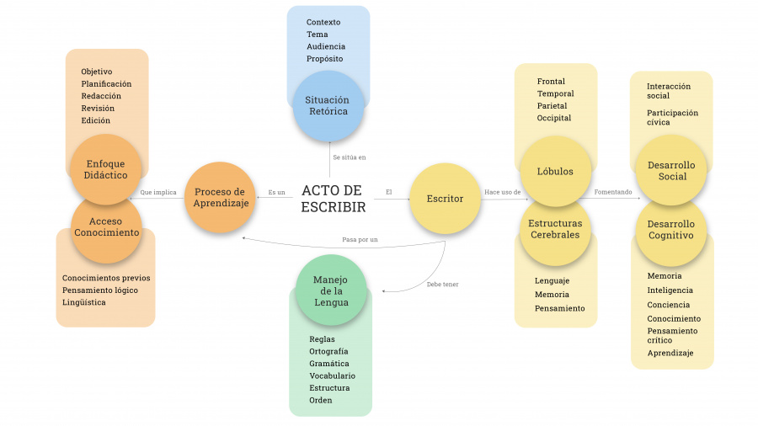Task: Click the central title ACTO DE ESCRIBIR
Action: pyautogui.click(x=333, y=199)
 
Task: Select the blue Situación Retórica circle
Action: pyautogui.click(x=327, y=106)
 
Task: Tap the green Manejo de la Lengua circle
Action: pyautogui.click(x=331, y=290)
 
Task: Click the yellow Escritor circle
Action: pyautogui.click(x=444, y=199)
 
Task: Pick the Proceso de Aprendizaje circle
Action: pyautogui.click(x=220, y=197)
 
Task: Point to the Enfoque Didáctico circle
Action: pyautogui.click(x=106, y=169)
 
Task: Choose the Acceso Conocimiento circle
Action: pyautogui.click(x=106, y=227)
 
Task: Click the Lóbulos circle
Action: pyautogui.click(x=555, y=172)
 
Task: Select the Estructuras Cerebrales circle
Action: pyautogui.click(x=555, y=229)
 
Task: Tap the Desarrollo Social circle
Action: pyautogui.click(x=671, y=171)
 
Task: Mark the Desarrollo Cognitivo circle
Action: pyautogui.click(x=671, y=230)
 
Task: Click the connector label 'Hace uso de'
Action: pyautogui.click(x=502, y=192)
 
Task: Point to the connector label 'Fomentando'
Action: pyautogui.click(x=613, y=192)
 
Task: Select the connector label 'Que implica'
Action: pyautogui.click(x=158, y=192)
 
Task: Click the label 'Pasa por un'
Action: pyautogui.click(x=360, y=240)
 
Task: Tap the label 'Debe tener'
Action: pyautogui.click(x=442, y=285)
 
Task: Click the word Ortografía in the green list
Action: pyautogui.click(x=328, y=351)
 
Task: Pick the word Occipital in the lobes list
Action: pyautogui.click(x=554, y=118)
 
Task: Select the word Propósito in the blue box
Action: pyautogui.click(x=325, y=59)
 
